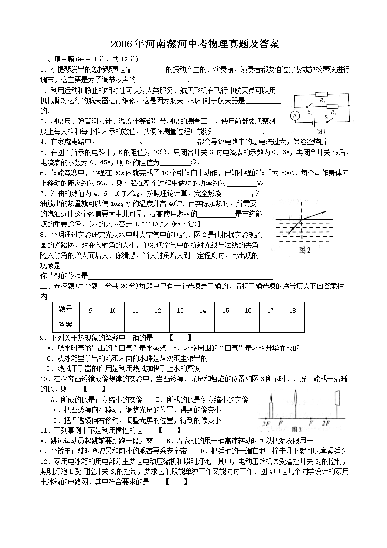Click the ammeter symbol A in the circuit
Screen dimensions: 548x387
point(295,115)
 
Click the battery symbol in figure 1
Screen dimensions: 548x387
point(320,124)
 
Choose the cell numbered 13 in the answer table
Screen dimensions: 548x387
point(180,310)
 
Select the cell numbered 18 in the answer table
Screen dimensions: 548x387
point(292,310)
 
